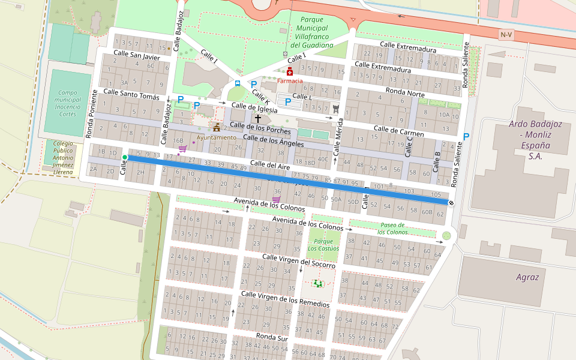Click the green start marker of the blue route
(x=125, y=157)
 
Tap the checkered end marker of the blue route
(x=451, y=203)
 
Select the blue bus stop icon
(x=238, y=83)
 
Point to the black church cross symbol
(x=258, y=119)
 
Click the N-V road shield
(x=506, y=35)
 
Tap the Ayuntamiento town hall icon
(x=216, y=128)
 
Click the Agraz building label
(x=527, y=277)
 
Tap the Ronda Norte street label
(x=405, y=92)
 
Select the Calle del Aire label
(x=271, y=164)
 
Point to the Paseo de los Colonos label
(x=393, y=228)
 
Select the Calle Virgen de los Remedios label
(x=285, y=298)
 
